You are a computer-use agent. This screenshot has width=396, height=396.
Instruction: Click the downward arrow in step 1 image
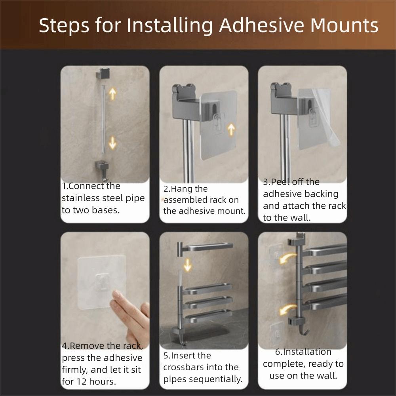113,142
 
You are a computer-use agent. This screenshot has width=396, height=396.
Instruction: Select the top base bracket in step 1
103,74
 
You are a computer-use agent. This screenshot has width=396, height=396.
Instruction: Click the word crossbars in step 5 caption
184,367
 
